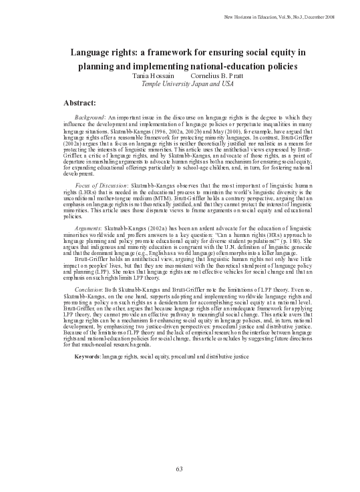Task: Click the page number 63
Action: (180, 469)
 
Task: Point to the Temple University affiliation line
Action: (180, 85)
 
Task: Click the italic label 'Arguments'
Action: (89, 228)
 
